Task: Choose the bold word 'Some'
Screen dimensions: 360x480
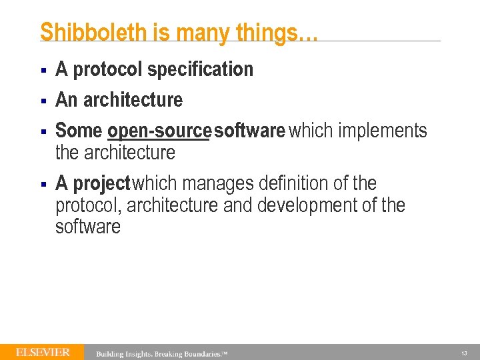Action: (79, 131)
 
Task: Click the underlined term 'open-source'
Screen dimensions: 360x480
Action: (159, 131)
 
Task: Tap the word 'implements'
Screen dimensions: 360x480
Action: (383, 131)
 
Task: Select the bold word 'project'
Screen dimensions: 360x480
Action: (101, 183)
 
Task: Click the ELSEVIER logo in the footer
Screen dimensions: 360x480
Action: (43, 352)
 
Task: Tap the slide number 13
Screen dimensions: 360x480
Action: (464, 353)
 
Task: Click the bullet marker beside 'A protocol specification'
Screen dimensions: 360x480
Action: (42, 70)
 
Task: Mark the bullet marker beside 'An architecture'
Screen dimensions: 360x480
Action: (42, 101)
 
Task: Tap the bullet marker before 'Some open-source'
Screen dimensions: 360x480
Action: (42, 131)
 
